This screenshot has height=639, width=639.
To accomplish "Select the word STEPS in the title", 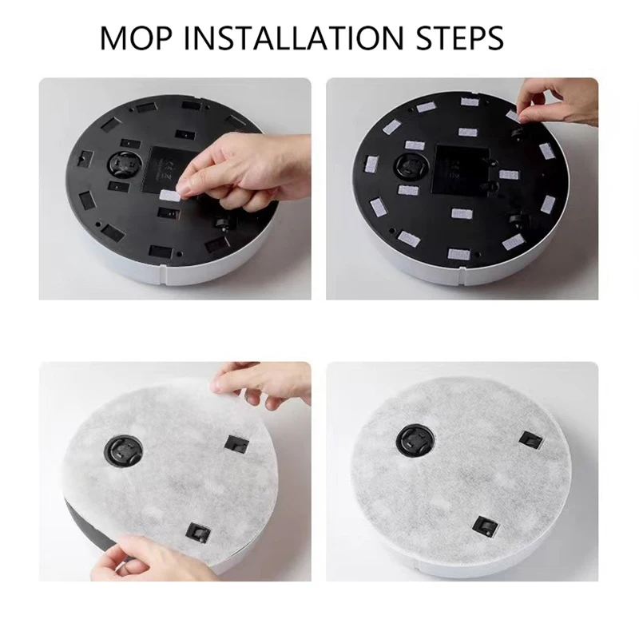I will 458,38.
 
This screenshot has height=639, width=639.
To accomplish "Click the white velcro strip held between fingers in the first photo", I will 169,194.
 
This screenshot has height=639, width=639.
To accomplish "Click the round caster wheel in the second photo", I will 412,169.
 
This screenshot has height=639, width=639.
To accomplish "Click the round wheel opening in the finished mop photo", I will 415,438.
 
